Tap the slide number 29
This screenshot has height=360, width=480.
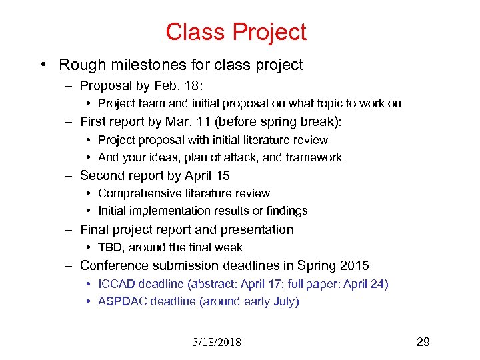point(423,342)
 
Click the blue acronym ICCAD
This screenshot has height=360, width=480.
point(116,284)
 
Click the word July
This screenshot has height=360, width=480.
point(284,301)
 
